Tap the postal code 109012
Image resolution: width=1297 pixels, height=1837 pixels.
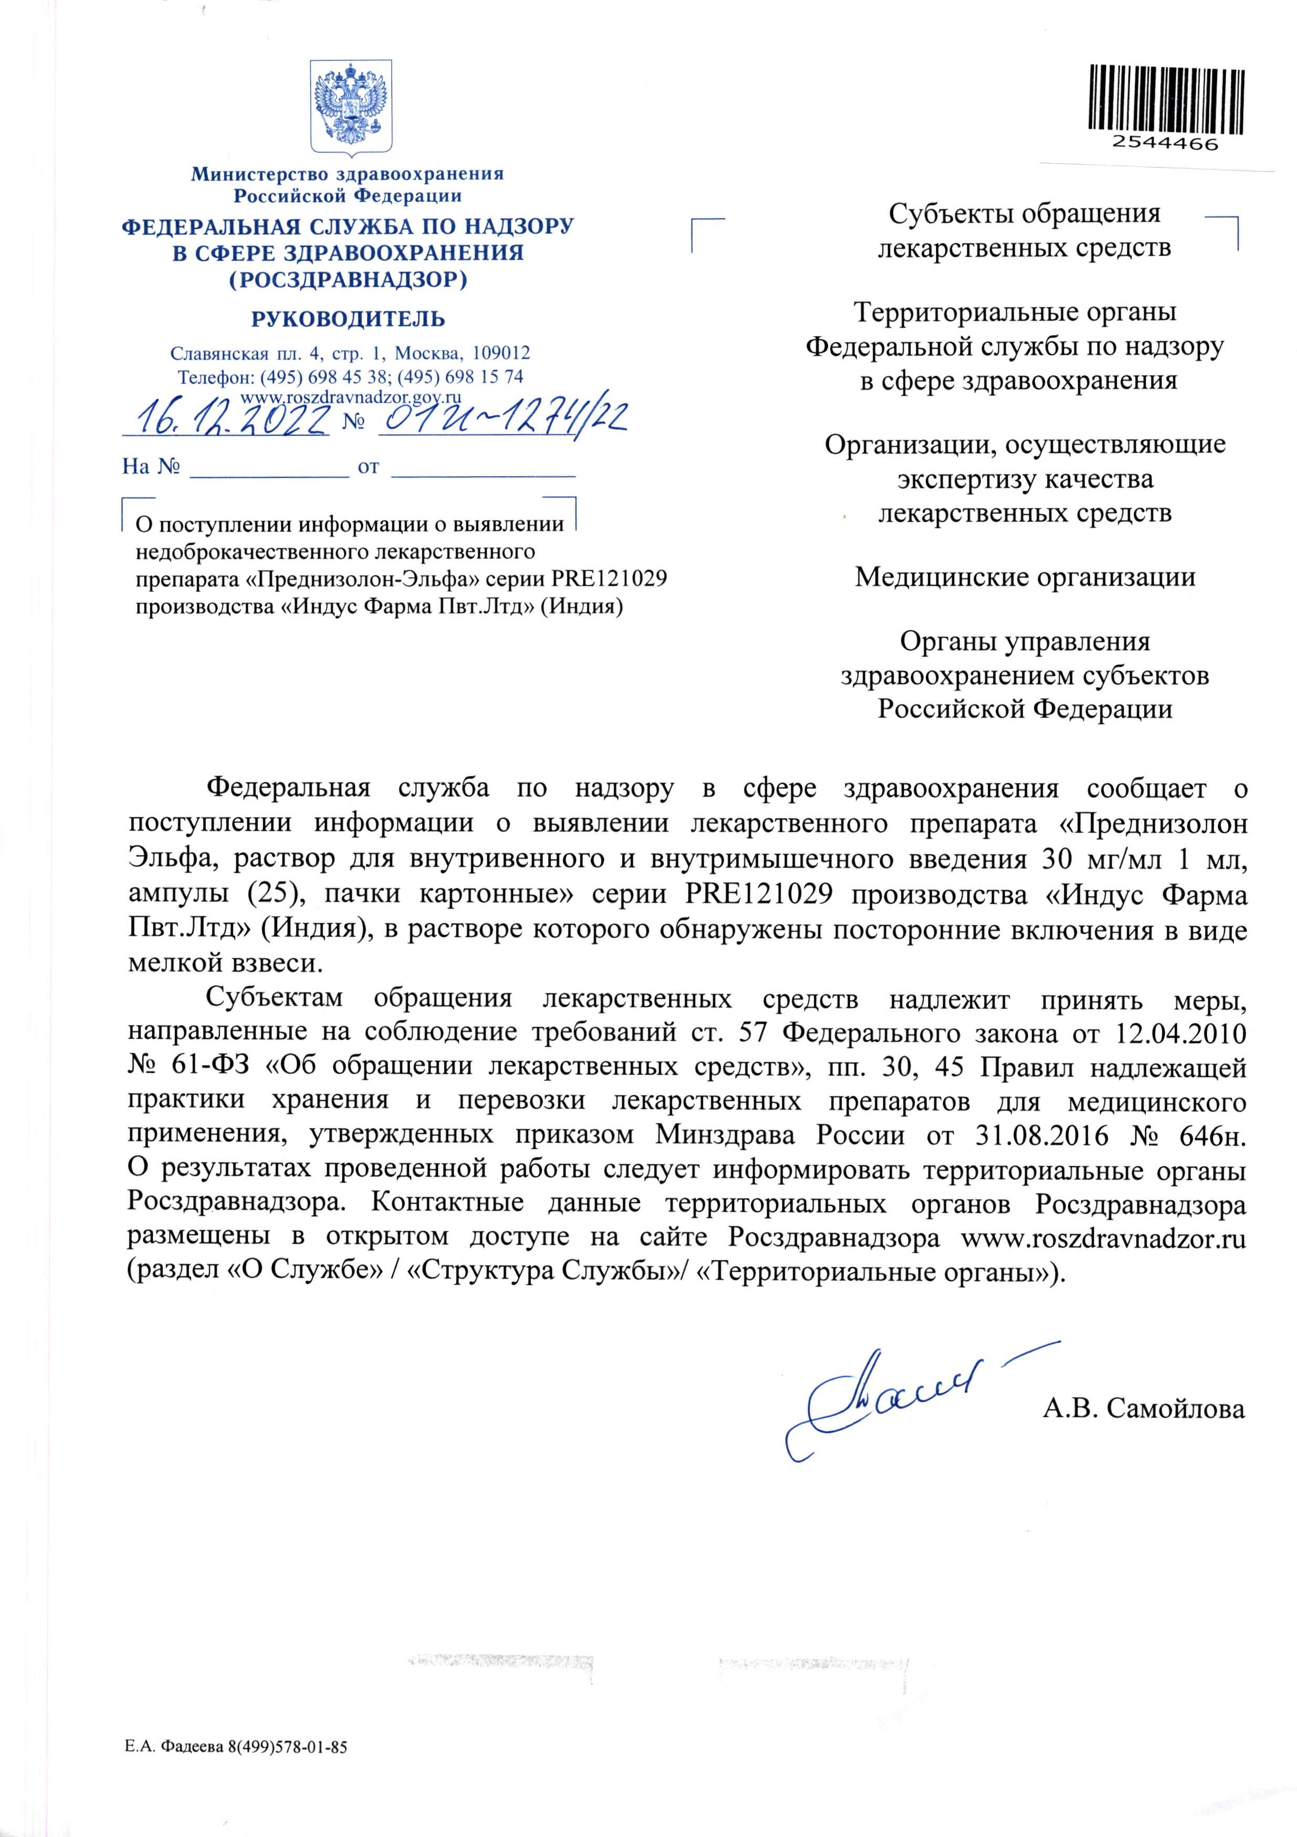(500, 353)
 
